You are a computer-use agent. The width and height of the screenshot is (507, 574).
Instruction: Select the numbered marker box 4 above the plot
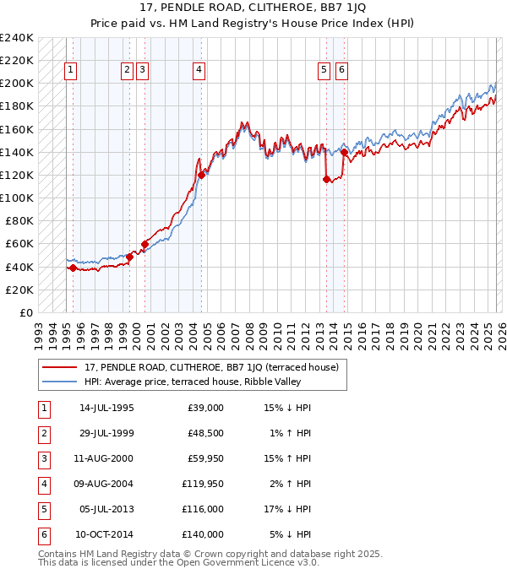[198, 71]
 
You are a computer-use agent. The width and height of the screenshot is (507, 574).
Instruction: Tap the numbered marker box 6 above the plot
[341, 71]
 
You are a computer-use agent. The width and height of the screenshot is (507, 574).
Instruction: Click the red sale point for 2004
[202, 176]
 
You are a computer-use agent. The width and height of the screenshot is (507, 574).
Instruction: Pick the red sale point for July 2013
[326, 179]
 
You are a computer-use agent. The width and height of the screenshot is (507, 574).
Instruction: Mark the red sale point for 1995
[73, 268]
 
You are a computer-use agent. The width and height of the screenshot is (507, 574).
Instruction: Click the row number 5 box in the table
[42, 509]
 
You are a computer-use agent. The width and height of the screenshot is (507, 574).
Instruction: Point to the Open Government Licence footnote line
[178, 562]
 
